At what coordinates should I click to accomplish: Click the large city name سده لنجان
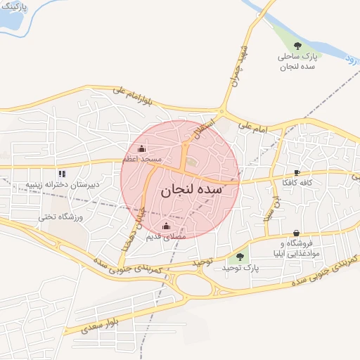pos(192,190)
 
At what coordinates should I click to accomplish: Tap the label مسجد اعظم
pos(143,160)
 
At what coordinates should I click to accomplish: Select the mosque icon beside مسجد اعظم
pos(143,148)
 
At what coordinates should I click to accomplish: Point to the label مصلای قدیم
pos(166,237)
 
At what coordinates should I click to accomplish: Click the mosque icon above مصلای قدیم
pos(166,226)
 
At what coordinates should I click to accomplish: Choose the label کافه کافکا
pos(297,183)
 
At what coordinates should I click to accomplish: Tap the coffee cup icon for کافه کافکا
pos(297,172)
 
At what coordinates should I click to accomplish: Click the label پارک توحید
pos(240,269)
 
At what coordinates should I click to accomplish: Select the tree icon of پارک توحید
pos(240,257)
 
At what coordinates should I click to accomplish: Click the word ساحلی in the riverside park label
pos(296,56)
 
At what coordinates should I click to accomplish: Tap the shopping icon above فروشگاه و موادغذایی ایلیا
pos(297,233)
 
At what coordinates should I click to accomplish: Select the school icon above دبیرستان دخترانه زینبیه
pos(62,173)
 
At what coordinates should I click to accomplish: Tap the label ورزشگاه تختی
pos(60,217)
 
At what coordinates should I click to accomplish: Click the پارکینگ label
pos(13,6)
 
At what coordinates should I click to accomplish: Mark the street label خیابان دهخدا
pos(133,229)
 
